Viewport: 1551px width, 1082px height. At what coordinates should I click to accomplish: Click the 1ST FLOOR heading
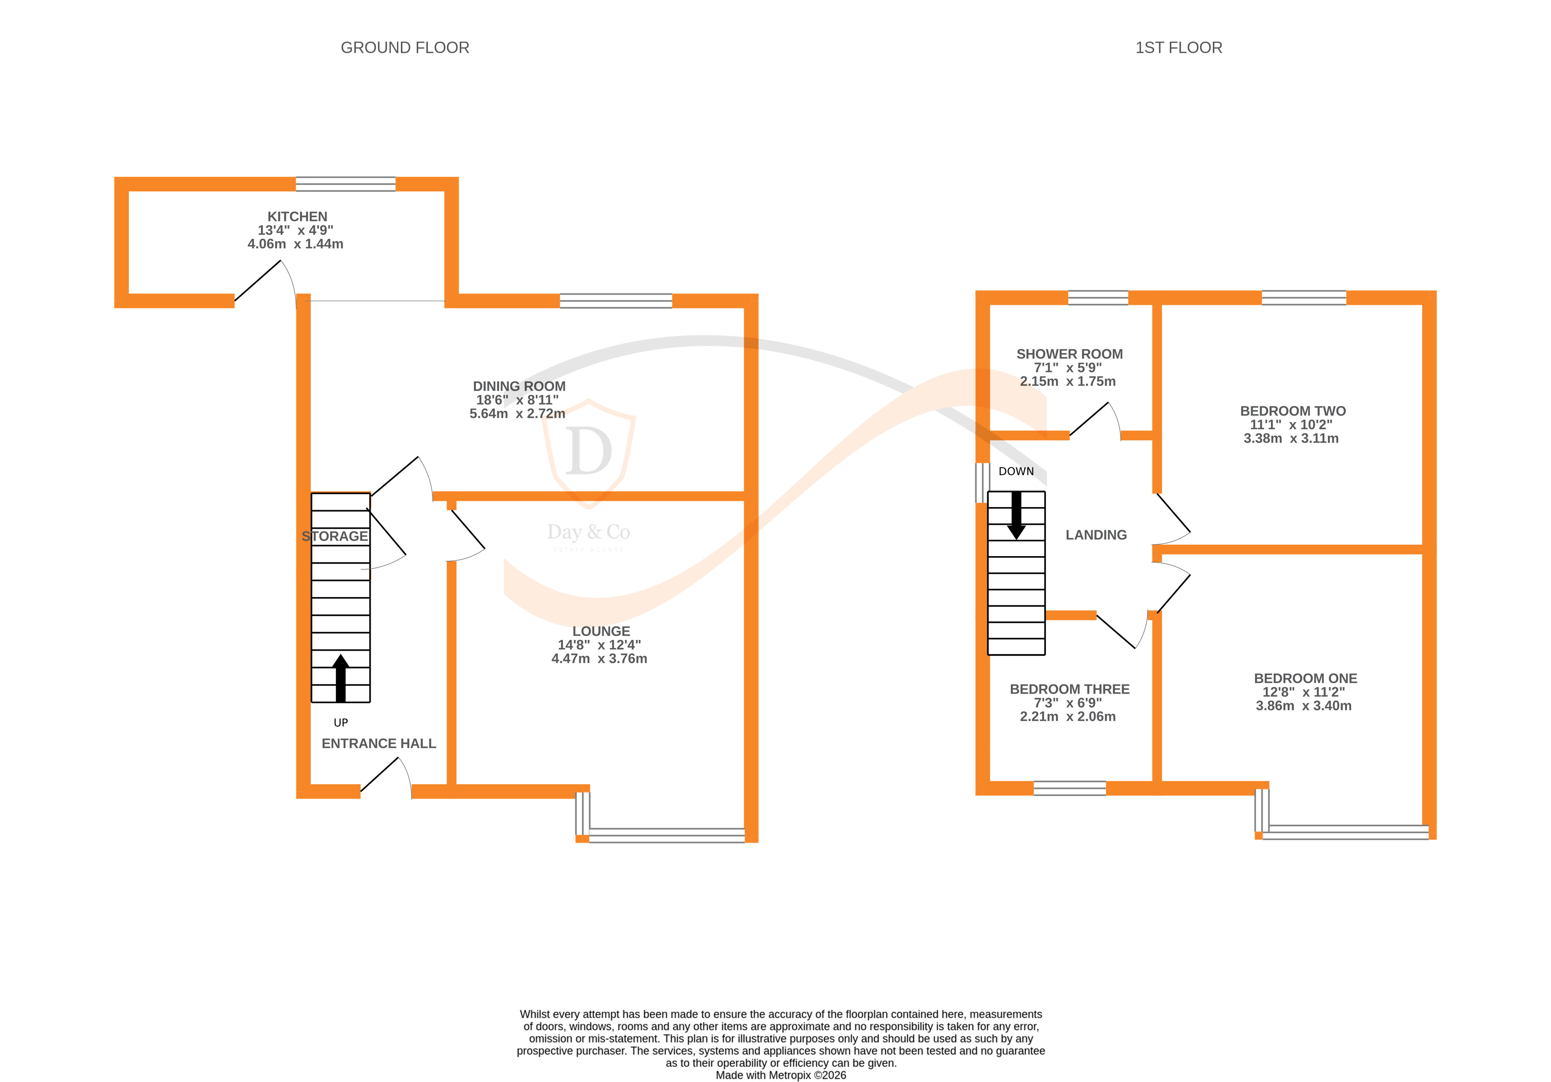pyautogui.click(x=1178, y=48)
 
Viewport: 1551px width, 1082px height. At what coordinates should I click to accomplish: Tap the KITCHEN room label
pyautogui.click(x=297, y=217)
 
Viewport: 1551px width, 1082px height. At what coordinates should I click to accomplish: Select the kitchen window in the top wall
pyautogui.click(x=345, y=184)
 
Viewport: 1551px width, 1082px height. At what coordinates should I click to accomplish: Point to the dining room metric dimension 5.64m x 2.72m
pyautogui.click(x=517, y=414)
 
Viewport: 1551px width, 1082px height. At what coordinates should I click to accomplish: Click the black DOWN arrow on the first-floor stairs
pyautogui.click(x=1016, y=515)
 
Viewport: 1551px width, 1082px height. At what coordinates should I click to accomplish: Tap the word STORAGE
pyautogui.click(x=335, y=537)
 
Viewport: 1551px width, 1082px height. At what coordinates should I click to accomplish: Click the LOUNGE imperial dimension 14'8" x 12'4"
pyautogui.click(x=599, y=645)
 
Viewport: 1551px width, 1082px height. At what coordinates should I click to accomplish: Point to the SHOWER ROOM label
pyautogui.click(x=1069, y=354)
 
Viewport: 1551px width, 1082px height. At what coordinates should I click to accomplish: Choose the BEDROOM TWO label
pyautogui.click(x=1292, y=411)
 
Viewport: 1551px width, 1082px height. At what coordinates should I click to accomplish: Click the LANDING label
pyautogui.click(x=1096, y=535)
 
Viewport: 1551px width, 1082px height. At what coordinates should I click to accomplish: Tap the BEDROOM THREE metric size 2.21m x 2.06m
pyautogui.click(x=1068, y=717)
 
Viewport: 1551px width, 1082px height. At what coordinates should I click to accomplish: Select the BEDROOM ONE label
pyautogui.click(x=1305, y=679)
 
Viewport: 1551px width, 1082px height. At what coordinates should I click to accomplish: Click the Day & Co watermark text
pyautogui.click(x=588, y=532)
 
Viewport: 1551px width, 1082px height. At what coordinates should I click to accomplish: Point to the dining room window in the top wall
pyautogui.click(x=616, y=301)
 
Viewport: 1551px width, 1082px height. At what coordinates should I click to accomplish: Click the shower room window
pyautogui.click(x=1098, y=297)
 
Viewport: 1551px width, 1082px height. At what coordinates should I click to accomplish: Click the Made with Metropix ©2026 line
pyautogui.click(x=780, y=1075)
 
